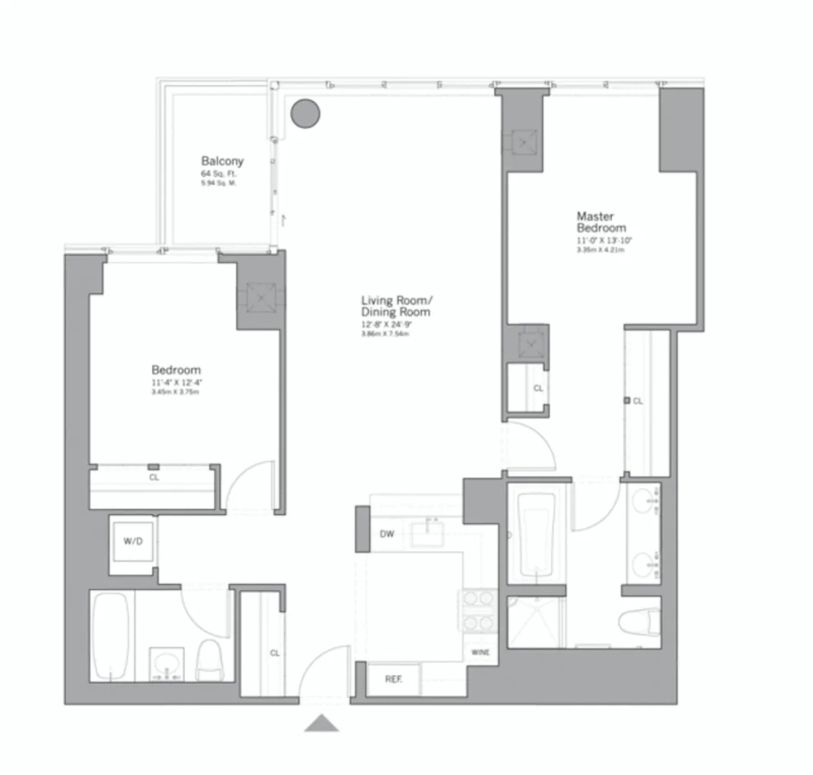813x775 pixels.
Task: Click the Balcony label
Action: [222, 161]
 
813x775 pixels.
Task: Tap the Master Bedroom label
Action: [602, 222]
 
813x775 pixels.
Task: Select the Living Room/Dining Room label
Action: [396, 306]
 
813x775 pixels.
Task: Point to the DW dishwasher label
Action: [387, 534]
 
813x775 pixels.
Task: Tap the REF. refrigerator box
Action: [393, 679]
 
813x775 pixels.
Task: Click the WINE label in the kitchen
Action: [480, 653]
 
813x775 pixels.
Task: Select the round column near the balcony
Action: [305, 113]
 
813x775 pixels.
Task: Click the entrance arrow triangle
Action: [321, 723]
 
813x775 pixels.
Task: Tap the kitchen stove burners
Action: [477, 610]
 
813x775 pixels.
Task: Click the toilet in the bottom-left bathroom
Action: [210, 659]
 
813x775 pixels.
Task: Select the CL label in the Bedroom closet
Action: [154, 477]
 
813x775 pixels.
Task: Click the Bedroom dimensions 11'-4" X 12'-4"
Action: [171, 382]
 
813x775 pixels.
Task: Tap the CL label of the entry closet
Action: [275, 653]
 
